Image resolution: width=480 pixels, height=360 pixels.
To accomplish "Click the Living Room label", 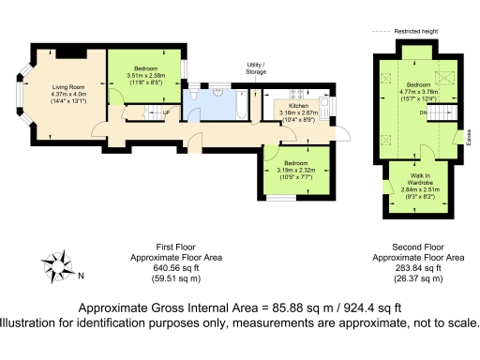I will [x=67, y=87].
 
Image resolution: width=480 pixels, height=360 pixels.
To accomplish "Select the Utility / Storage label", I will [x=256, y=67].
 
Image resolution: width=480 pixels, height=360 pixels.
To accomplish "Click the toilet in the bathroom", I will [x=191, y=97].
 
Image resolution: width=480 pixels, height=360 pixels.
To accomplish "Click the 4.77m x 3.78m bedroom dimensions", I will [x=418, y=92].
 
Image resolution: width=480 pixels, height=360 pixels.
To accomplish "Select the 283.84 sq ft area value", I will [x=418, y=267].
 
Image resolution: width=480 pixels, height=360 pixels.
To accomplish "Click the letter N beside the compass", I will [x=82, y=276].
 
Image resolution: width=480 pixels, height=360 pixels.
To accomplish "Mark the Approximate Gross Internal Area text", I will [x=240, y=307].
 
